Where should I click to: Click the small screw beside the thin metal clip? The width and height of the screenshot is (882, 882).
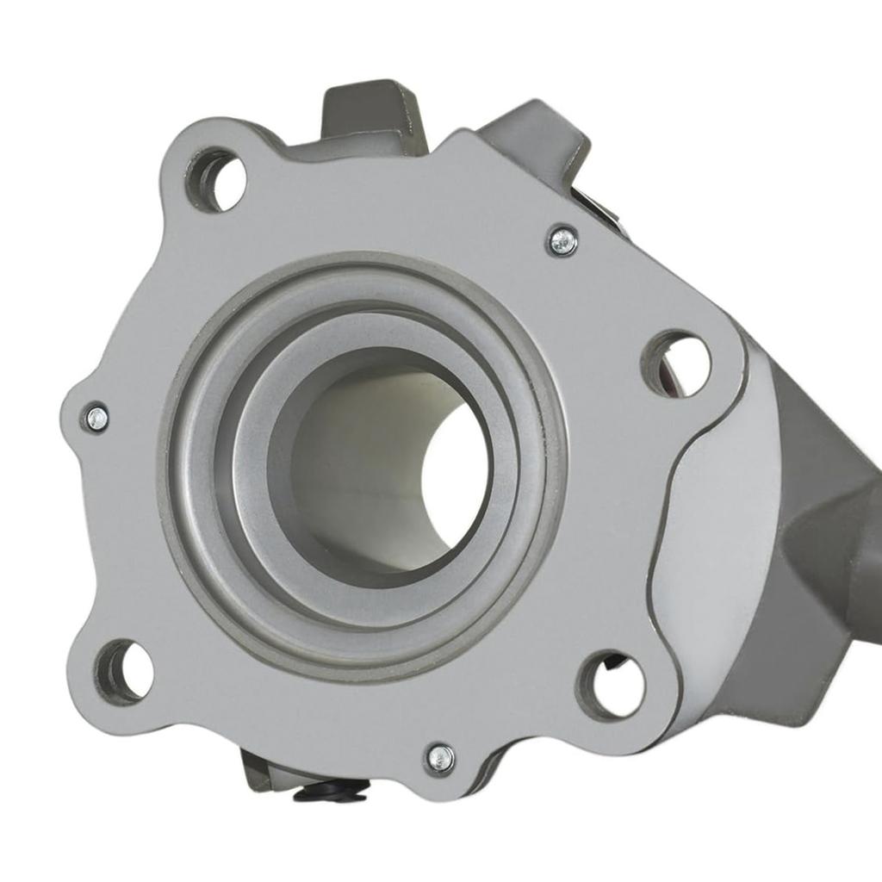click(562, 242)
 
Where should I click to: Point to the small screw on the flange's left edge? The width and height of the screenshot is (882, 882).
click(96, 419)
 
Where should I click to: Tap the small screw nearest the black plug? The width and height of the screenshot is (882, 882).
click(440, 758)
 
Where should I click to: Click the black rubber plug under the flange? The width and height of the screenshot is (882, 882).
click(332, 791)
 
